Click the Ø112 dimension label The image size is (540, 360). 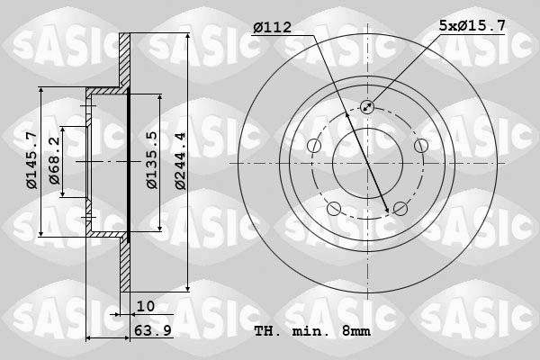point(273,28)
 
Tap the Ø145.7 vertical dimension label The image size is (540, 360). point(31,160)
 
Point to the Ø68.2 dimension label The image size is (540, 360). point(55,161)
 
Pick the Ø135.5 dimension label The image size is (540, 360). point(152,160)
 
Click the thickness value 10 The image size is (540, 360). point(146,306)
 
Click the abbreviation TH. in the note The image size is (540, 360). point(266,331)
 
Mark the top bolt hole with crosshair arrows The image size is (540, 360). point(367,107)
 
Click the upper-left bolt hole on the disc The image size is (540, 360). point(314,146)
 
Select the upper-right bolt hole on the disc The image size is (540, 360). point(420,146)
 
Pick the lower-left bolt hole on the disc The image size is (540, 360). point(334,209)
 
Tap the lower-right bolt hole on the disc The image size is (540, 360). point(400,209)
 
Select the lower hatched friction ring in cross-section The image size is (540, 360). point(126,265)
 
